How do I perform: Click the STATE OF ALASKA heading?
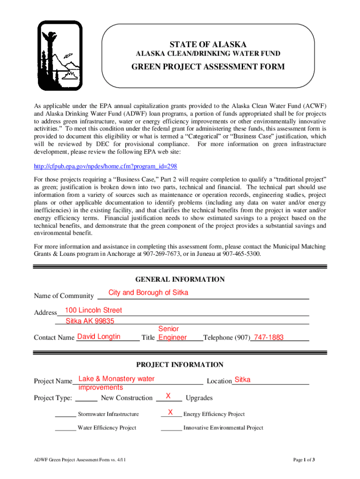[208, 44]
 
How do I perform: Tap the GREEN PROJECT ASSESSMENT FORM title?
[208, 67]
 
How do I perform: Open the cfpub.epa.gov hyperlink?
[105, 167]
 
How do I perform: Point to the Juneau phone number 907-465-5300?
[241, 254]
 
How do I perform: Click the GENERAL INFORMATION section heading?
[180, 280]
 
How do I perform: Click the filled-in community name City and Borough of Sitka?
[148, 293]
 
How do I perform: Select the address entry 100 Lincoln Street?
[94, 310]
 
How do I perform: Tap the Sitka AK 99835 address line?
[90, 321]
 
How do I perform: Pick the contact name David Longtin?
[99, 337]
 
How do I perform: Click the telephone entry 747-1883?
[268, 337]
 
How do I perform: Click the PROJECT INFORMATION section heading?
[180, 365]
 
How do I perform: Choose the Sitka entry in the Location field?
[242, 380]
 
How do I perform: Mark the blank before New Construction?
[86, 398]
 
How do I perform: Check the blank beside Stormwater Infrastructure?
[65, 414]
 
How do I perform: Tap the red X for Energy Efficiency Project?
[171, 412]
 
